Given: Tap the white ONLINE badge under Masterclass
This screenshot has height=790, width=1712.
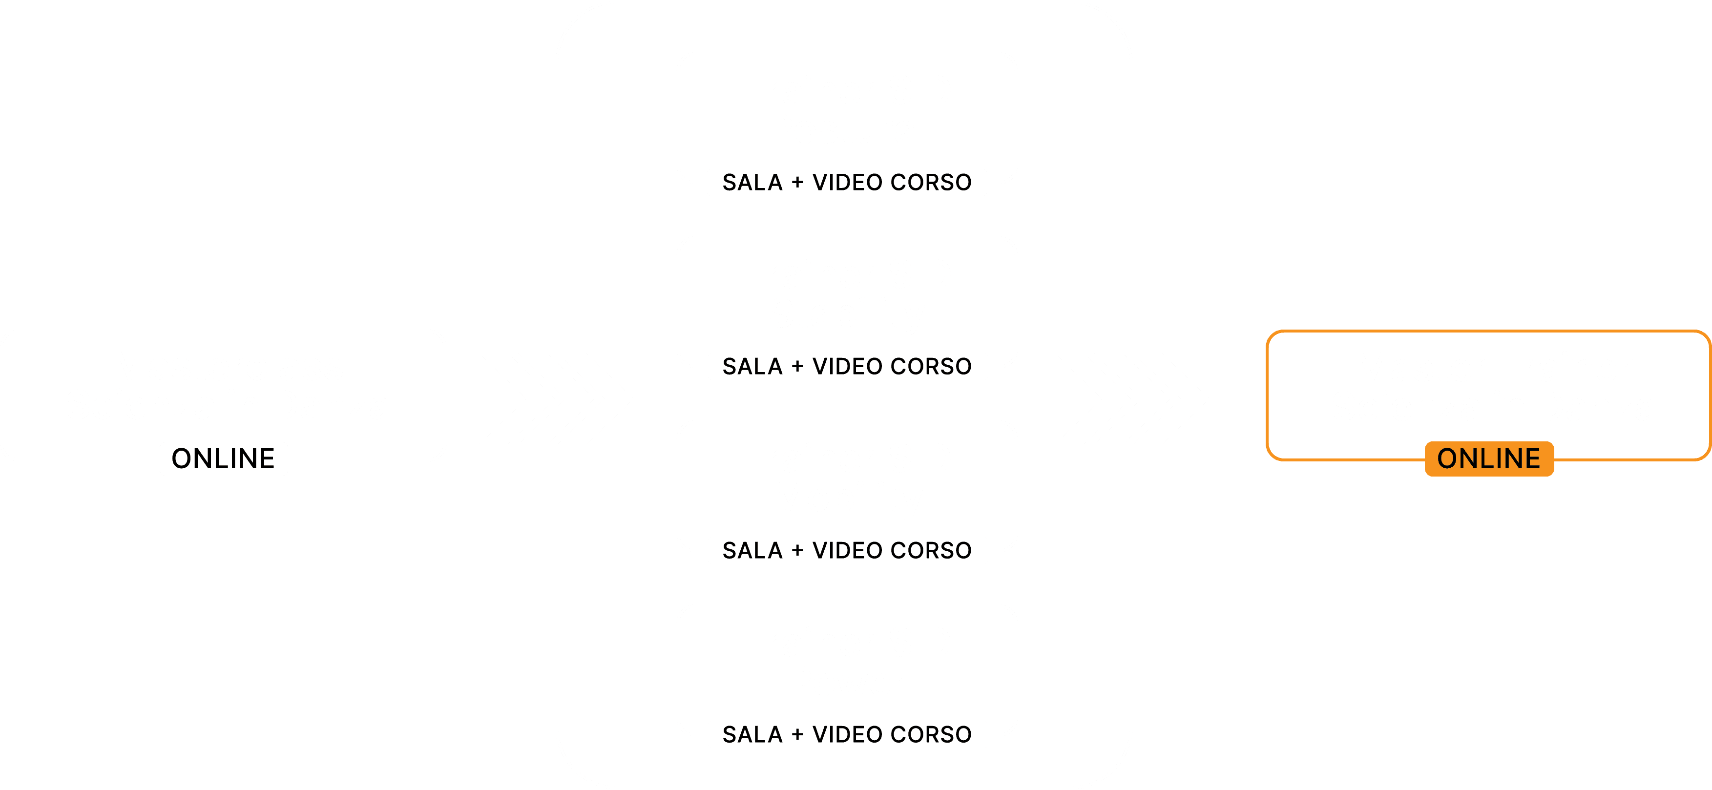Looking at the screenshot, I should click(223, 458).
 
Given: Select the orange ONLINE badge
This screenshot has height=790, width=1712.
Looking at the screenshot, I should click(1489, 458).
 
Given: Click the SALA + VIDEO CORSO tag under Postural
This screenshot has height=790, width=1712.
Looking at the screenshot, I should click(847, 182).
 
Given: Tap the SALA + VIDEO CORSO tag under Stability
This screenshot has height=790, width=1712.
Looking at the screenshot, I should click(847, 366).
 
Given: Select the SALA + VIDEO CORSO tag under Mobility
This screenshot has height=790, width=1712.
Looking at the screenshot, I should click(847, 550).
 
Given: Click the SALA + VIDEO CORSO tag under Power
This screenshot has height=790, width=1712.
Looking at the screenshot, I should click(847, 734).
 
